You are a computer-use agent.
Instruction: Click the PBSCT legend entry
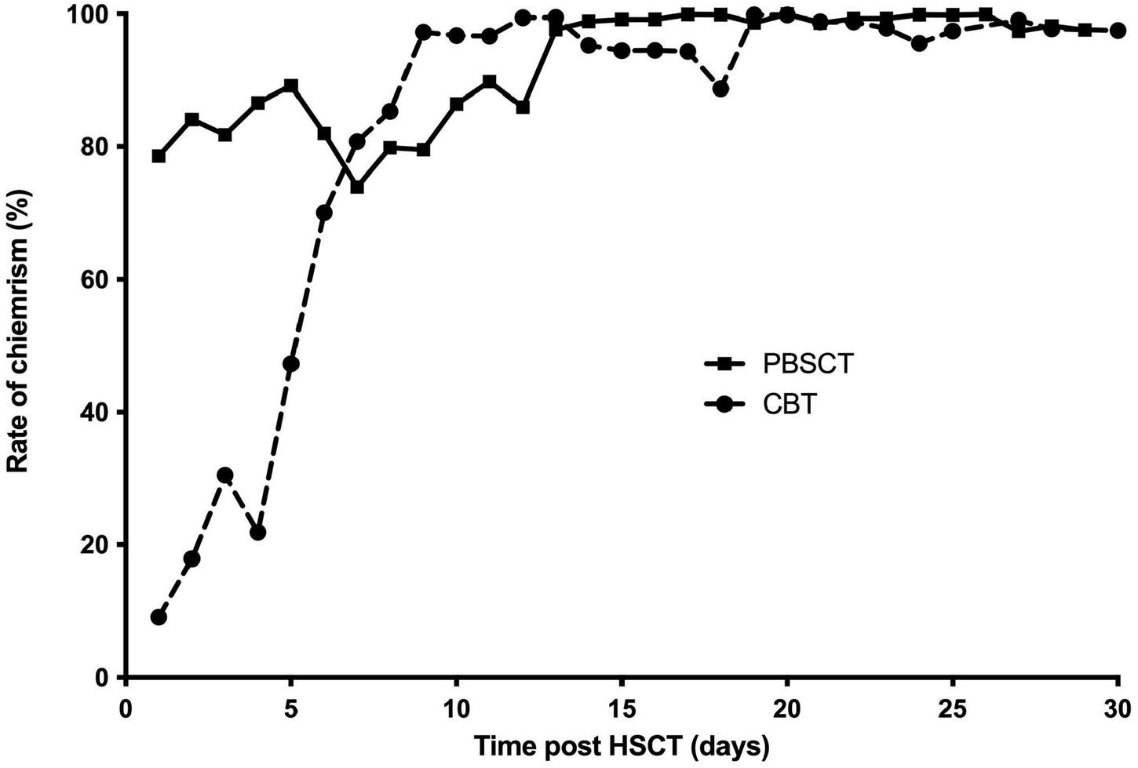[777, 364]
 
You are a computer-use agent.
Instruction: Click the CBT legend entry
[761, 406]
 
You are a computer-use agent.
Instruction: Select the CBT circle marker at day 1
[159, 617]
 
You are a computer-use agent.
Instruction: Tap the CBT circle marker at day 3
[225, 475]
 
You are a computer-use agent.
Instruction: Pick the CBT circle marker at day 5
[291, 364]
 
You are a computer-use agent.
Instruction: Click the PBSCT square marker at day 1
[159, 156]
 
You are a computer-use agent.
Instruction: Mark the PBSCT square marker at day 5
[291, 85]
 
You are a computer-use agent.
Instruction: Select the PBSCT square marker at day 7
[357, 187]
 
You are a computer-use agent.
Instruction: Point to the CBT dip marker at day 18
[720, 89]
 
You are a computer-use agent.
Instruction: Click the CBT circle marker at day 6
[324, 213]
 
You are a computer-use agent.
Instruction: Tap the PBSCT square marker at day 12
[523, 107]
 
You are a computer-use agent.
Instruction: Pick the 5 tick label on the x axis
[291, 700]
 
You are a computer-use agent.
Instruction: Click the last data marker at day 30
[1118, 31]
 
